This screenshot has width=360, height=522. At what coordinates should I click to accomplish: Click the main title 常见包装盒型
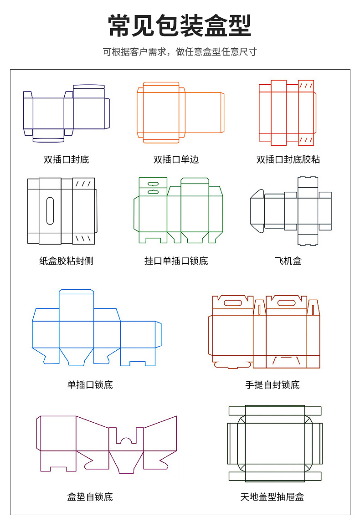(180, 26)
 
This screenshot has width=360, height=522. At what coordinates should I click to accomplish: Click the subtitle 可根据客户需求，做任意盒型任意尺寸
(180, 52)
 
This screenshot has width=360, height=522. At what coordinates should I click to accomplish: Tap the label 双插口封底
(67, 159)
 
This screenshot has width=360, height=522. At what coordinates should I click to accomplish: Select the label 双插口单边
(176, 159)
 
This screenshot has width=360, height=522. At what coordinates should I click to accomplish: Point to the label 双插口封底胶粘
(288, 159)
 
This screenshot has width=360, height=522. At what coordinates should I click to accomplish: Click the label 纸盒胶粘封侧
(67, 261)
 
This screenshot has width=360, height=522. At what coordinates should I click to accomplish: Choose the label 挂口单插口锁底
(176, 261)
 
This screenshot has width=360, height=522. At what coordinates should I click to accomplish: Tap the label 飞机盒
(288, 261)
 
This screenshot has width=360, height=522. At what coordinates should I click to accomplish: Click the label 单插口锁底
(90, 385)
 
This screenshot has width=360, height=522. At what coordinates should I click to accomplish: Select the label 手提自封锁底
(273, 385)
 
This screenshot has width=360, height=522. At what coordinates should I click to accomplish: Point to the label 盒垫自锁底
(90, 496)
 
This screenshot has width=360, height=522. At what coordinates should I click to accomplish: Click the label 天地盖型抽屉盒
(273, 496)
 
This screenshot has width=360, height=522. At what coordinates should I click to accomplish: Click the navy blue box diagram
(67, 113)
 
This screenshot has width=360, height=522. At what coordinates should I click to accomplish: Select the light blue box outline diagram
(96, 328)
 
